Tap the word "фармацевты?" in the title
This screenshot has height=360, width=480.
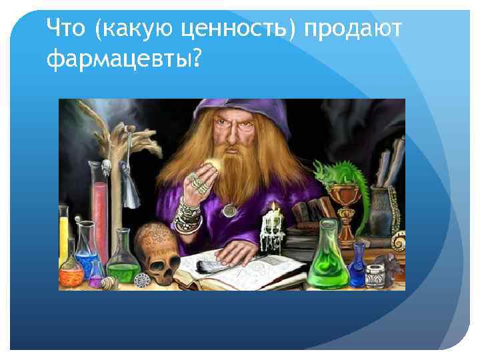123,61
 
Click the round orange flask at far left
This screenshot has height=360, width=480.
71,273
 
